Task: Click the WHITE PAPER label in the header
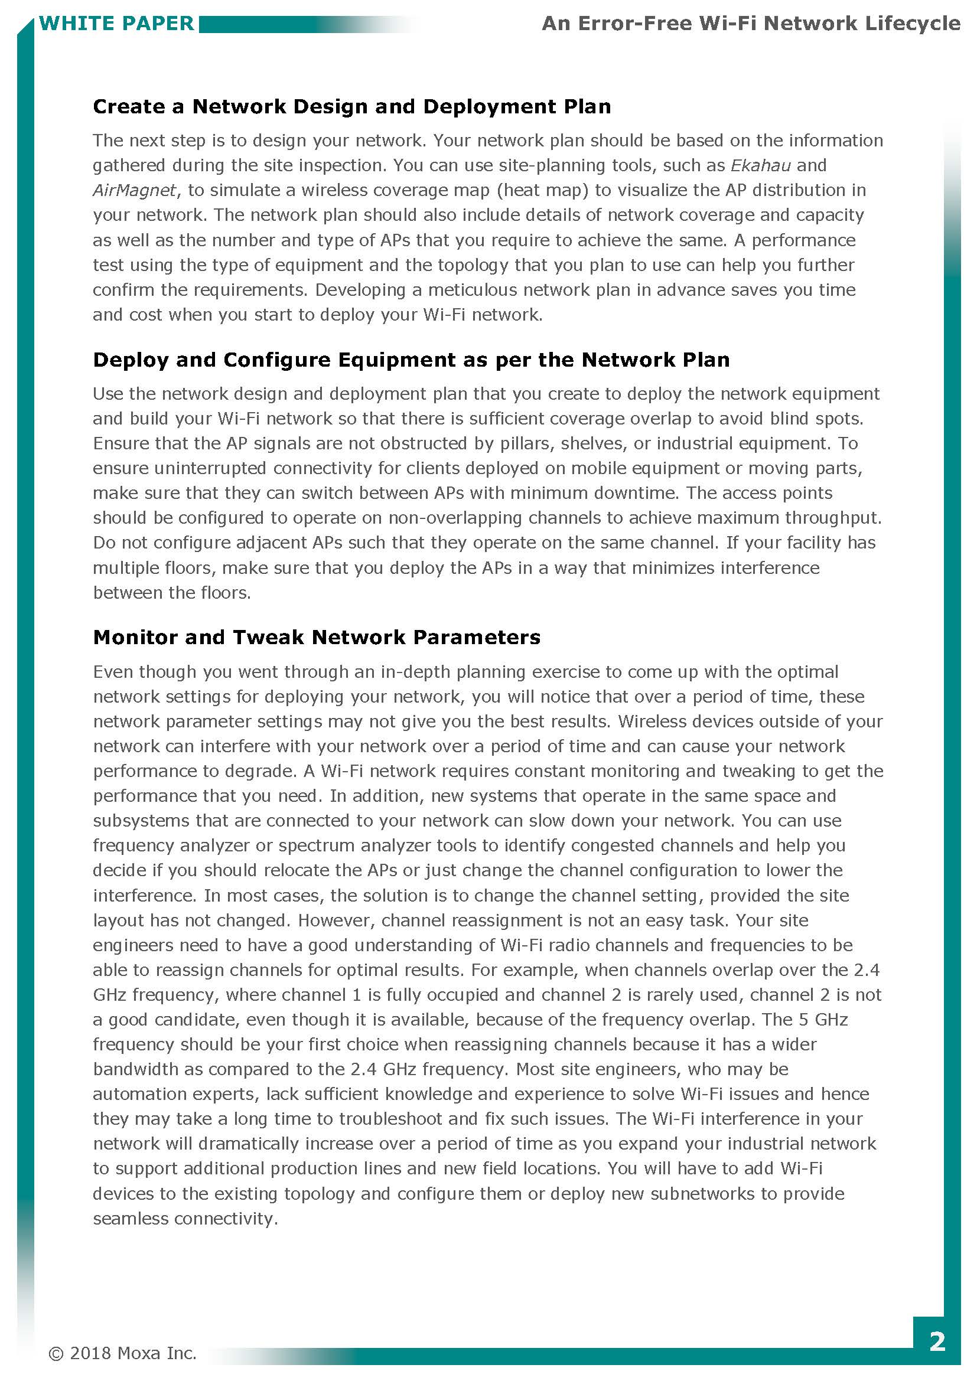click(116, 24)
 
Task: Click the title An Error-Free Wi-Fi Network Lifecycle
click(750, 24)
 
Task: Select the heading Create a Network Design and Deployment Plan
click(351, 106)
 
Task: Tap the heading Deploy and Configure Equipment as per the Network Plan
click(411, 360)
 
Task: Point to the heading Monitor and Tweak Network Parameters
click(317, 637)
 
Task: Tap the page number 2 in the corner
click(937, 1341)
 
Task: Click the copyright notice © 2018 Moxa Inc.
click(123, 1353)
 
